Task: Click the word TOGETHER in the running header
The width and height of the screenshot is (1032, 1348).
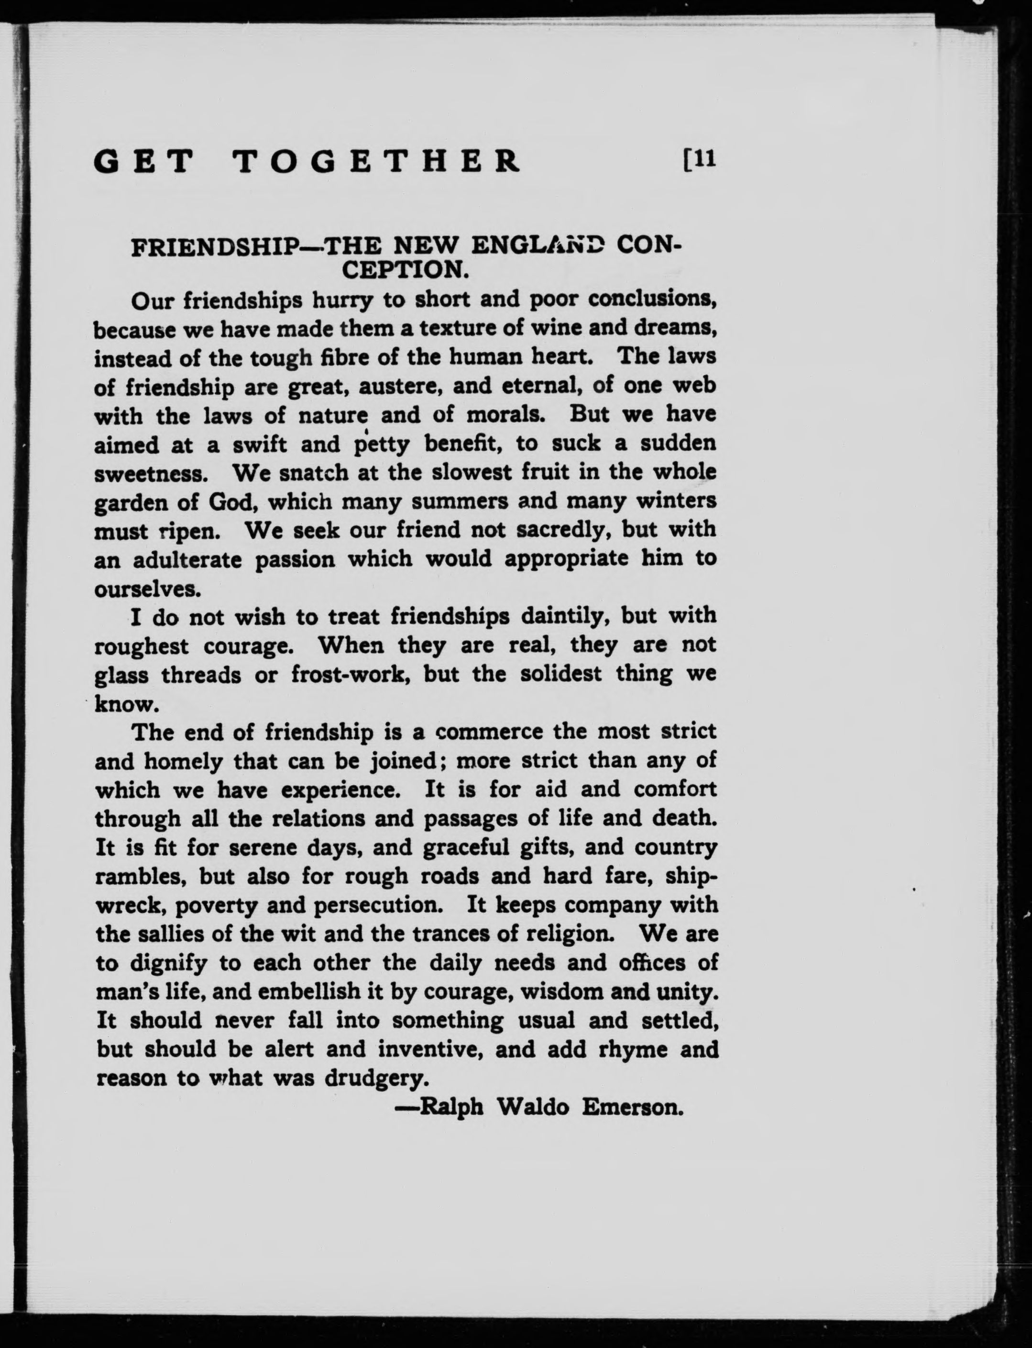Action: (x=377, y=161)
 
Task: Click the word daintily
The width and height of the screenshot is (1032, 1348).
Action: (x=564, y=616)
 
